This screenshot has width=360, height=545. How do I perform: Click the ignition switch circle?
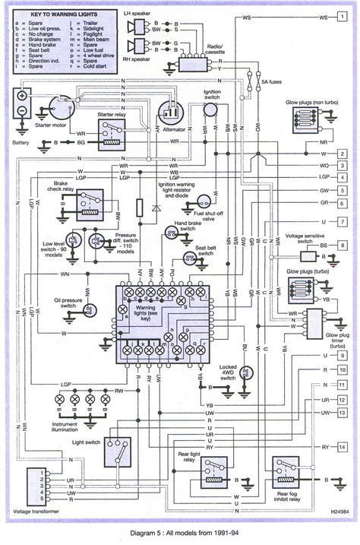[x=211, y=111]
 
